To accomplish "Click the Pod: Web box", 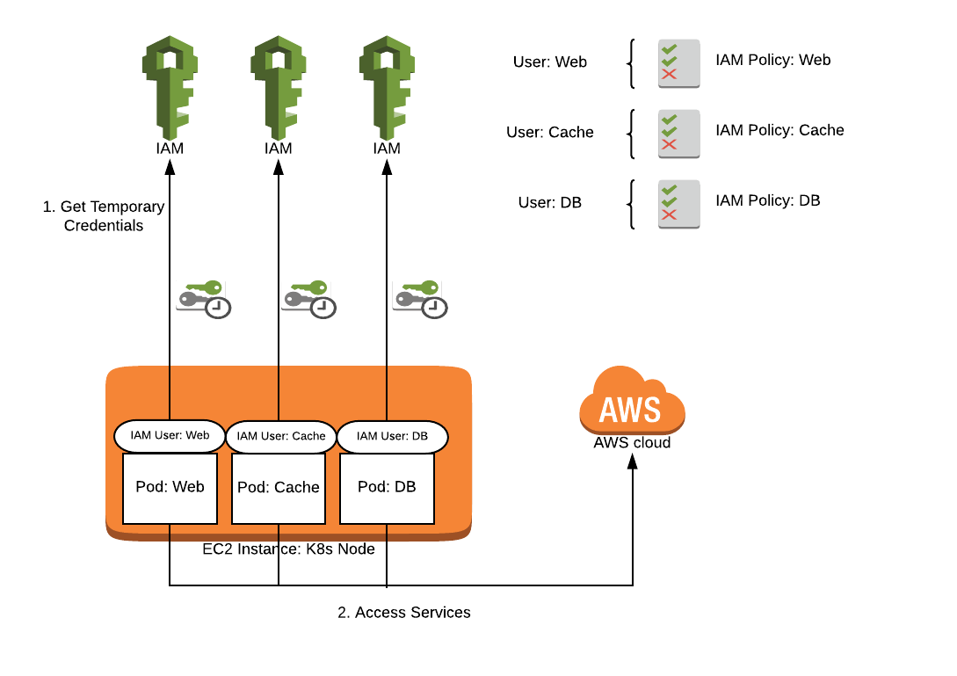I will pyautogui.click(x=170, y=488).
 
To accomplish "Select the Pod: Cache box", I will pyautogui.click(x=279, y=488).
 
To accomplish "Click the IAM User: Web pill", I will pyautogui.click(x=170, y=434).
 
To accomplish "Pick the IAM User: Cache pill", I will pyautogui.click(x=281, y=436).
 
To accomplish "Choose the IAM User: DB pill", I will pyautogui.click(x=392, y=436).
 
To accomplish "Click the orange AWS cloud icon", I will pyautogui.click(x=632, y=403).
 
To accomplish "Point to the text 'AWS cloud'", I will pyautogui.click(x=632, y=443).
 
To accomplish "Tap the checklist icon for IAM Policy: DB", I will pyautogui.click(x=678, y=204).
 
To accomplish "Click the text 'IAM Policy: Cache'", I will pyautogui.click(x=779, y=130).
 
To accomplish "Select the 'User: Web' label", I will pyautogui.click(x=550, y=62).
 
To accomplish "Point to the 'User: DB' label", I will pyautogui.click(x=550, y=203).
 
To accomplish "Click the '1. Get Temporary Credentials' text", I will pyautogui.click(x=104, y=216).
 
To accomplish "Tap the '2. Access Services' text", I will pyautogui.click(x=404, y=613).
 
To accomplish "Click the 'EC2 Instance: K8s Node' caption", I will pyautogui.click(x=288, y=549).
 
